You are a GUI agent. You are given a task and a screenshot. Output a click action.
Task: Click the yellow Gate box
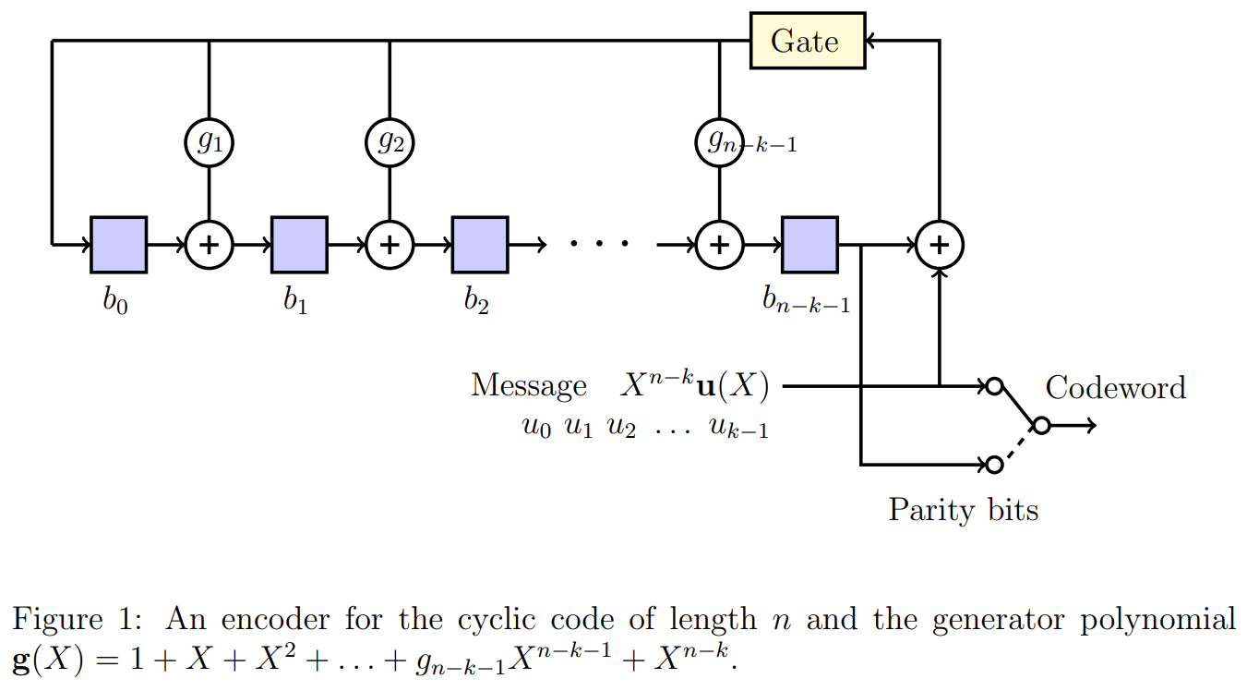click(x=807, y=41)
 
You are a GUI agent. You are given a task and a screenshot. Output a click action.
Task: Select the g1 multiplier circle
click(x=210, y=142)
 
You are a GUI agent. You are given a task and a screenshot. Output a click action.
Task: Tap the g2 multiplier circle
click(x=390, y=142)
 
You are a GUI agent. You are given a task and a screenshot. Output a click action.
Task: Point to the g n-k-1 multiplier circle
click(x=718, y=142)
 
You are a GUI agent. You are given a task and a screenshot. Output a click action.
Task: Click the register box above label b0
click(x=118, y=245)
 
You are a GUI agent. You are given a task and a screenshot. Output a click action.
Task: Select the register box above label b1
click(x=299, y=245)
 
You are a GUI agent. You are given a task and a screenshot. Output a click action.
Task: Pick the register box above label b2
click(x=479, y=245)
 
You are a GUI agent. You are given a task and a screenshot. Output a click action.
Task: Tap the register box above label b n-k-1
click(x=809, y=245)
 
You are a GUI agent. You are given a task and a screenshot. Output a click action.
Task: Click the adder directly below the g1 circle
click(x=210, y=245)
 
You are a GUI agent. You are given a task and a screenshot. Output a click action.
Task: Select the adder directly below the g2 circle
click(x=390, y=245)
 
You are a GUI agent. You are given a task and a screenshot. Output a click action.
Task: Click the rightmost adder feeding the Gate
click(x=939, y=245)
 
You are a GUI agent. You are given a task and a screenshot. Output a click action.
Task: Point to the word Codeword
click(x=1115, y=387)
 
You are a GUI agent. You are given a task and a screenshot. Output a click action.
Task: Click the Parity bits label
click(x=963, y=509)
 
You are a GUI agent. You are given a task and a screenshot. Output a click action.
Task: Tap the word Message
click(x=528, y=385)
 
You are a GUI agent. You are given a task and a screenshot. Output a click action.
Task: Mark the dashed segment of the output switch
click(x=1017, y=445)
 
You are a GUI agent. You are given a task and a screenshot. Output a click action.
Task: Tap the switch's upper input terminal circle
click(x=993, y=386)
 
